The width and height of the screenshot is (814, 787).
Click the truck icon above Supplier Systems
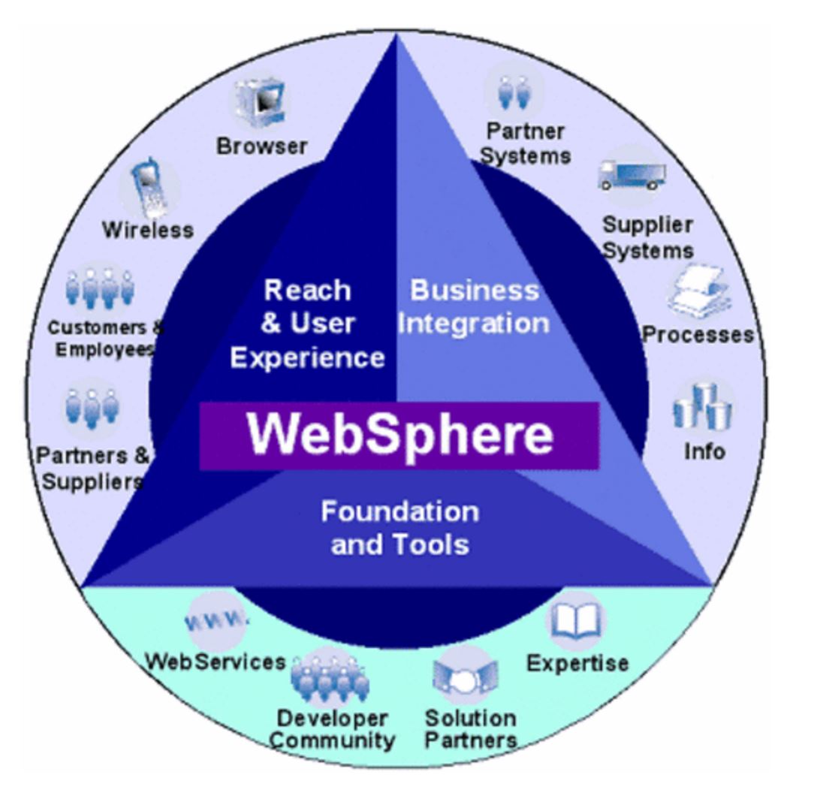coord(632,175)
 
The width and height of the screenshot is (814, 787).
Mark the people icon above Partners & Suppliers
coord(92,406)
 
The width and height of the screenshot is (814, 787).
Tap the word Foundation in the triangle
coord(399,511)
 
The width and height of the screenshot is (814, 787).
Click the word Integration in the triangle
coord(473,324)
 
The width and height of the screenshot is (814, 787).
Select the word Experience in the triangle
coord(307,357)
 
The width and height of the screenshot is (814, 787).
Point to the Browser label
coord(261,146)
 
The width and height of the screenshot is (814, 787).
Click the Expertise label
coord(577,663)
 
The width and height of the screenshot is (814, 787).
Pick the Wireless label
coord(147,230)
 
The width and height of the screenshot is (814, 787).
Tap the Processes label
coord(698,335)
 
